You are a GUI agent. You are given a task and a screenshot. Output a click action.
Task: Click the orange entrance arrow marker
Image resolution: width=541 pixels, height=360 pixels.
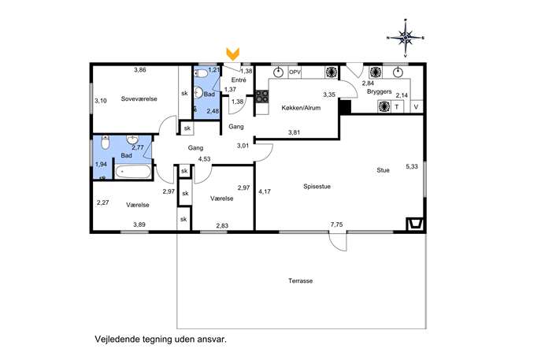pos(232,54)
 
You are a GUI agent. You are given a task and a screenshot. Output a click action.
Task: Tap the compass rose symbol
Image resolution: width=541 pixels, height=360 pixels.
pos(406,37)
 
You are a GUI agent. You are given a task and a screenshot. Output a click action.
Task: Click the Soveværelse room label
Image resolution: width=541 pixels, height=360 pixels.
pos(139,98)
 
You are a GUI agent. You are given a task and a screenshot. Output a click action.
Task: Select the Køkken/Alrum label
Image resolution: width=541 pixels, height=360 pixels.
pos(301,108)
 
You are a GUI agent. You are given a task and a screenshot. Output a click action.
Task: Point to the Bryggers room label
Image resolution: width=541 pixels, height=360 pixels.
pos(380,92)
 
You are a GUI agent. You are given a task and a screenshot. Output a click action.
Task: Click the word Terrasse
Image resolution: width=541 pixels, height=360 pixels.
pos(301,281)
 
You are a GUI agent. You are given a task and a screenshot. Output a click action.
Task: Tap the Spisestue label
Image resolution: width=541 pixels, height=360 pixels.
pos(317,187)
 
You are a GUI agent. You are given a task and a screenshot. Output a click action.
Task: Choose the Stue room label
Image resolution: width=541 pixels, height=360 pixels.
pos(383,170)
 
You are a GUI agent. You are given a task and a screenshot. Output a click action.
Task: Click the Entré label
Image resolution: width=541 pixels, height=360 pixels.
pos(239,80)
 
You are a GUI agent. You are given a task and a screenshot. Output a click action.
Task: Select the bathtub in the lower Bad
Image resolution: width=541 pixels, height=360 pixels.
pos(133,172)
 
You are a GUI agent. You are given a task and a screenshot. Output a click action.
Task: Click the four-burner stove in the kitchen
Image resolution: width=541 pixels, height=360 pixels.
pos(262,96)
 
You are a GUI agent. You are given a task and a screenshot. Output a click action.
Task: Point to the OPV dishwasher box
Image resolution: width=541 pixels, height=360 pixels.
pos(295,72)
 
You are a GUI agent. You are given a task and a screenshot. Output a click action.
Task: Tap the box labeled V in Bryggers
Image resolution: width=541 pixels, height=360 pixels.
pos(416,106)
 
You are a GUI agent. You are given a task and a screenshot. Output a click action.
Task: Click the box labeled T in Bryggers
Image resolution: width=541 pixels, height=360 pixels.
pos(397,106)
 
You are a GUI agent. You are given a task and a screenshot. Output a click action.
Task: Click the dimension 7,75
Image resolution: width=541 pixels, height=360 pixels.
pos(336,225)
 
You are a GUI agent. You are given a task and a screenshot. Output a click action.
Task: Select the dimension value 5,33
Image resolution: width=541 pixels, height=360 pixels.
pos(412,166)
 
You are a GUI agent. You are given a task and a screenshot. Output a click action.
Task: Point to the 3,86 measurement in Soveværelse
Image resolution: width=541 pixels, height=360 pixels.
pos(140,70)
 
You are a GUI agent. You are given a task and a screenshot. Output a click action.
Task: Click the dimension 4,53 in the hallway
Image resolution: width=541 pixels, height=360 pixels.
pos(204,159)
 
